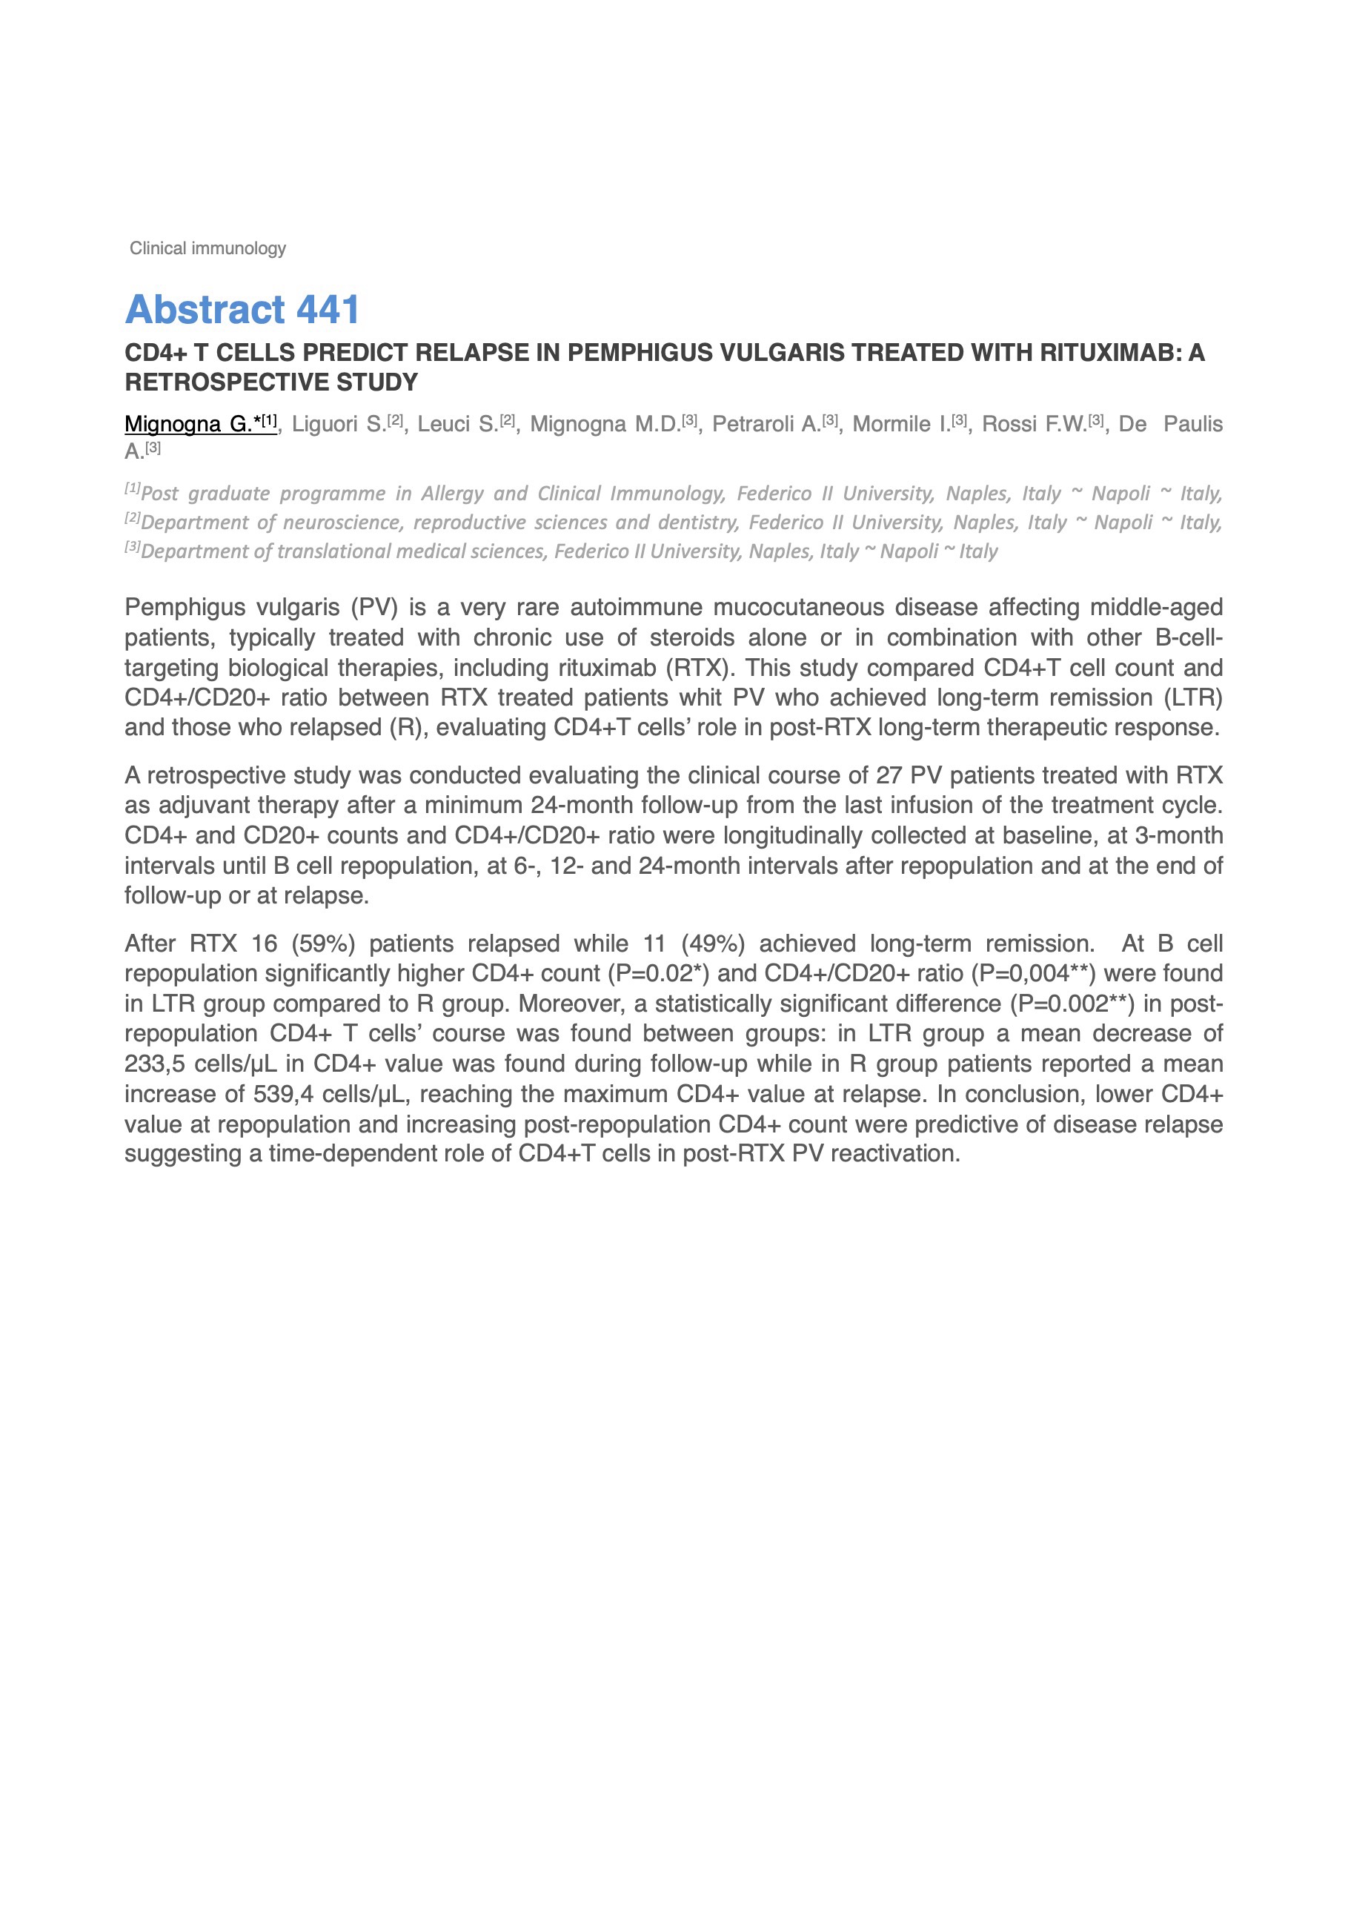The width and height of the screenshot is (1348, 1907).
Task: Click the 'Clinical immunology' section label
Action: click(x=207, y=248)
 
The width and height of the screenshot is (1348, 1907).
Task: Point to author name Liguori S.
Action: click(x=339, y=425)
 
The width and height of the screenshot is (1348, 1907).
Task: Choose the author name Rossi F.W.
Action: click(x=1034, y=425)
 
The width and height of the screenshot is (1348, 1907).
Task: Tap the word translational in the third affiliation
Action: click(x=336, y=551)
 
